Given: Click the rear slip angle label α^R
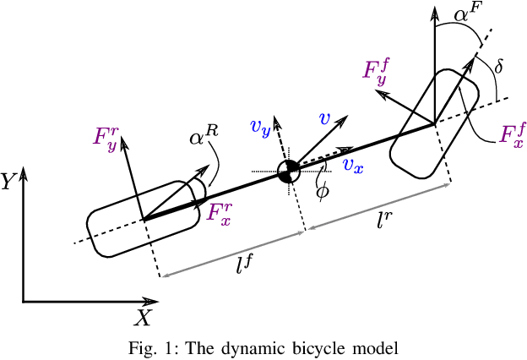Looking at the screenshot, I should click(x=203, y=136).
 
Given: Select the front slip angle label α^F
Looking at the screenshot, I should click(x=467, y=14).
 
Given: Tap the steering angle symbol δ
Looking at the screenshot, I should click(x=499, y=64).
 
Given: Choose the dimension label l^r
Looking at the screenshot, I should click(x=383, y=221).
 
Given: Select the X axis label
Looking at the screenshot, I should click(x=144, y=318).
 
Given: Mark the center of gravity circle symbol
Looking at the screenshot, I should click(x=290, y=171).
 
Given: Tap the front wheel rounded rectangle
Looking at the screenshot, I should click(x=433, y=125).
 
